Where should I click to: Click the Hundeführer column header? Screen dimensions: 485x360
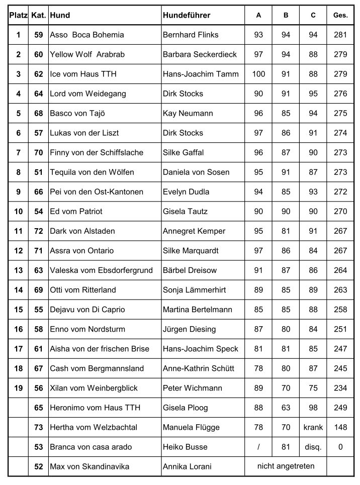[x=187, y=16]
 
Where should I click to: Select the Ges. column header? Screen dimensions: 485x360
[x=340, y=16]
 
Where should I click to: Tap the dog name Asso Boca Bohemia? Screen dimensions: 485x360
[x=87, y=35]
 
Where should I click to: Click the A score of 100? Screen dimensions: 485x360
[x=258, y=74]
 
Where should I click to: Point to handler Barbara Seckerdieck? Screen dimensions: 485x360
[x=200, y=55]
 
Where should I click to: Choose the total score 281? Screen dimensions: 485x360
[x=340, y=35]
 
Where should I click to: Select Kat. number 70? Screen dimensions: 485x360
[x=39, y=153]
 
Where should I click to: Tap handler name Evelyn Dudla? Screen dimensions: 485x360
[x=186, y=192]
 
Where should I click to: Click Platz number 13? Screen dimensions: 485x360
[x=19, y=270]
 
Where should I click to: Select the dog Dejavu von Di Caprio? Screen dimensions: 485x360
[x=87, y=310]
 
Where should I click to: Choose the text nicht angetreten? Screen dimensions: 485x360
[x=286, y=466]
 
